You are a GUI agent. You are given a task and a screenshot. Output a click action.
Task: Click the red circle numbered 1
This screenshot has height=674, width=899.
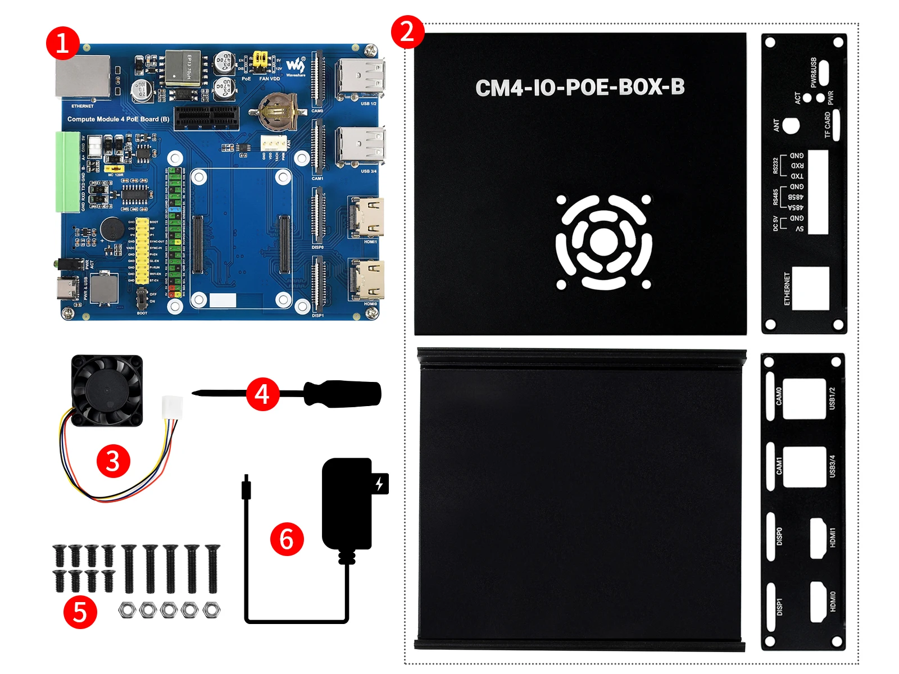click(62, 43)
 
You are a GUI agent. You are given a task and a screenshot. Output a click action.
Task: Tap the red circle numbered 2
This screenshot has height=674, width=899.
click(407, 31)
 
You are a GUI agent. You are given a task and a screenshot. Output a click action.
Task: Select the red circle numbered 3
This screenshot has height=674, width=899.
click(113, 461)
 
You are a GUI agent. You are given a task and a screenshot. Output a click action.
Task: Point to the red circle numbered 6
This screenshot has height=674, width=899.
click(287, 539)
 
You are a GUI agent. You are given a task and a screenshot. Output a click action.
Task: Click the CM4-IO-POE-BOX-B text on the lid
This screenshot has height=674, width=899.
click(580, 88)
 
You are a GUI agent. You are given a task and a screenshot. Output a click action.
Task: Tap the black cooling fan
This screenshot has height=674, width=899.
click(107, 390)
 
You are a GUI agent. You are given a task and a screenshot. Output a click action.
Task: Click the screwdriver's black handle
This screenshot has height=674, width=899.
click(343, 393)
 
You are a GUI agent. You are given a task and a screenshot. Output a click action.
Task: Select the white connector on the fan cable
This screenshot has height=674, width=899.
click(172, 406)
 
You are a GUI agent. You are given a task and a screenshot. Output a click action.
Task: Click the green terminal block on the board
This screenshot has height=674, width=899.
click(67, 172)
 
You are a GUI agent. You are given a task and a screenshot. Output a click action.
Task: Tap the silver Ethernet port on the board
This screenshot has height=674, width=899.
click(83, 76)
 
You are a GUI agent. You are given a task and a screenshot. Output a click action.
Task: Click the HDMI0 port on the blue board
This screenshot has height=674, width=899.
click(367, 280)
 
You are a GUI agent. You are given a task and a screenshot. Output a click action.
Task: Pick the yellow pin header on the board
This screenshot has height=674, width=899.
click(142, 251)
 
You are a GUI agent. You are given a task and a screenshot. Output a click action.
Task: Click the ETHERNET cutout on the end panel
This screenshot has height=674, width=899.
click(810, 288)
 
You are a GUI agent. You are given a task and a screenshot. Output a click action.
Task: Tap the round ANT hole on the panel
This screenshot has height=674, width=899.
click(791, 126)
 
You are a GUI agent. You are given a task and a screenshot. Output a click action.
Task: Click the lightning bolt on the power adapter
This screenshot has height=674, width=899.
click(380, 484)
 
